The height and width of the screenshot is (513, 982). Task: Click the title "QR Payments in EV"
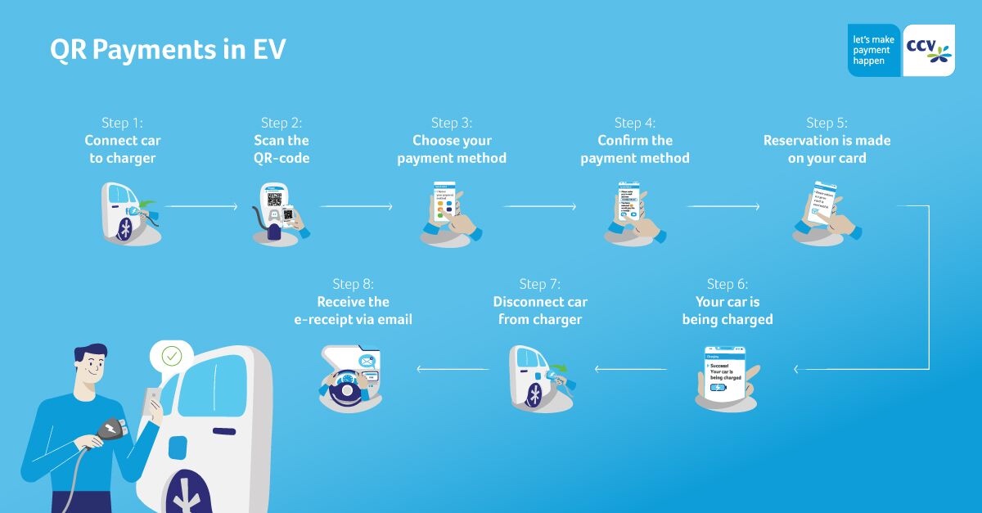(168, 50)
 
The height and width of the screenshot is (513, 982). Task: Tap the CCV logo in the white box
(928, 51)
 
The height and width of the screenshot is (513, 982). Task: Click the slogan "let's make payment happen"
(873, 50)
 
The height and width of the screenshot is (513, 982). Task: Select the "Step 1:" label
(122, 123)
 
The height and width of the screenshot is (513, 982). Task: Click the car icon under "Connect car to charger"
(129, 214)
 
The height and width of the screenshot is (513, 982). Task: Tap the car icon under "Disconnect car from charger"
(538, 376)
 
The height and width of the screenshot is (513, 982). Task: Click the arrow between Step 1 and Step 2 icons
(201, 207)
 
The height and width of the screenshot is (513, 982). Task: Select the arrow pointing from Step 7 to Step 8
(453, 369)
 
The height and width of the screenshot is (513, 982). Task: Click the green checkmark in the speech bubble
(172, 356)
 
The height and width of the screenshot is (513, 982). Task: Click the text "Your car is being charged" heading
(727, 311)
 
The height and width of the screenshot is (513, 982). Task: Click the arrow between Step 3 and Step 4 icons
(539, 207)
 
